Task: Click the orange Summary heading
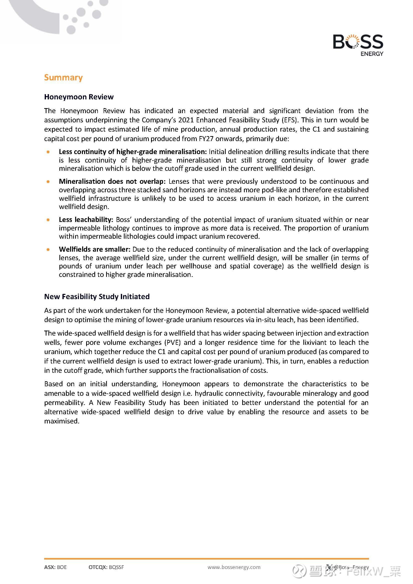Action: point(63,78)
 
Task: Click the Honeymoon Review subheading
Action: point(79,97)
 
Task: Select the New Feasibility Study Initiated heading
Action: point(97,297)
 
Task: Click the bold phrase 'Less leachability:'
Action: point(86,220)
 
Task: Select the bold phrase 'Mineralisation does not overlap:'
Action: point(112,181)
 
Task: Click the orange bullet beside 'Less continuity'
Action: point(48,152)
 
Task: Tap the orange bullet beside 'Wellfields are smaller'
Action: point(48,249)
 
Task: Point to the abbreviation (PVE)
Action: point(173,343)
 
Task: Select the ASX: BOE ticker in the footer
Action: point(55,567)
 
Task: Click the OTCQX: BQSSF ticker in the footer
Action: point(106,567)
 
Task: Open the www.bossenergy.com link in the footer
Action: point(234,567)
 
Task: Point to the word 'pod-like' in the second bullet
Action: point(286,190)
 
